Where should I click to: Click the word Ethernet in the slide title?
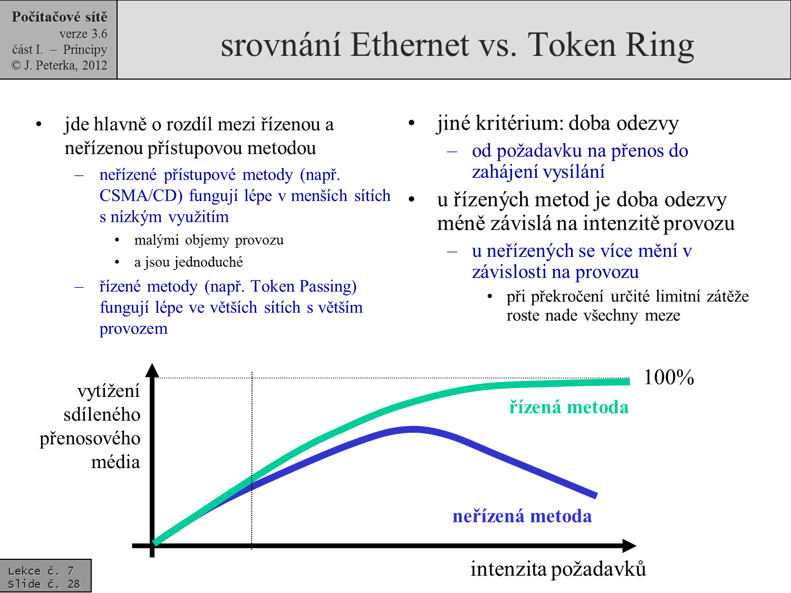(410, 45)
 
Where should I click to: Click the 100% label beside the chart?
(669, 377)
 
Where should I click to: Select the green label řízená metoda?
(568, 407)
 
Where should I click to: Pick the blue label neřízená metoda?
(522, 516)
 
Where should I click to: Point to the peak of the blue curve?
(414, 430)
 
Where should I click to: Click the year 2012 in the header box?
(94, 65)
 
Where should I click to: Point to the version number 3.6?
(99, 34)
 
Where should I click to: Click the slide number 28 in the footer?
(74, 584)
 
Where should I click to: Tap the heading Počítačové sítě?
(60, 17)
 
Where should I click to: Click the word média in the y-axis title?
(115, 462)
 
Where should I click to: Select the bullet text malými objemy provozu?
(209, 240)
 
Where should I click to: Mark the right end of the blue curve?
(596, 496)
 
